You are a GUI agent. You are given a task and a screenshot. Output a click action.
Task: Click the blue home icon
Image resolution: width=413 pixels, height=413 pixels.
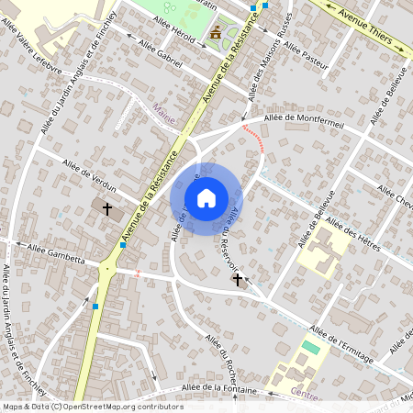206,197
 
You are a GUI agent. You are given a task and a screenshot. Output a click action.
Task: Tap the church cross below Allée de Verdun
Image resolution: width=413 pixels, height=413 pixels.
106,209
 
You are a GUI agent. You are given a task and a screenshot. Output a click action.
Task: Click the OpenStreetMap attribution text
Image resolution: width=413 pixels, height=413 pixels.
92,407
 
